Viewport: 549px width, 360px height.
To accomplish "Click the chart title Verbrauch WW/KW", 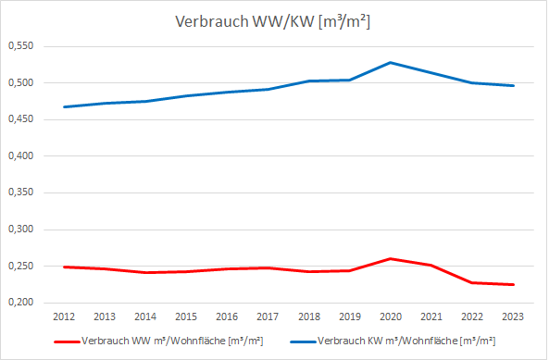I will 273,23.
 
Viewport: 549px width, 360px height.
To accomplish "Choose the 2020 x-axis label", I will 390,317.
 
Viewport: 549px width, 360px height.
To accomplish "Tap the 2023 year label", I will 512,317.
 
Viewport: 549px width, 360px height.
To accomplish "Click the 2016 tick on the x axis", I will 226,317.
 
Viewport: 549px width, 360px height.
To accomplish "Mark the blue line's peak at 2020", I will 390,63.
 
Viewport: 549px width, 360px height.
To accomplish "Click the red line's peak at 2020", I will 390,259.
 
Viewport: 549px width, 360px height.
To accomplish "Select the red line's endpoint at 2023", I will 512,285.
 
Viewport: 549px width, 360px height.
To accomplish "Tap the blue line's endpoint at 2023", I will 512,86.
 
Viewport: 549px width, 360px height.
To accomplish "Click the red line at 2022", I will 471,283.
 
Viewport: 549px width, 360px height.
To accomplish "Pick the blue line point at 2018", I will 308,81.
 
